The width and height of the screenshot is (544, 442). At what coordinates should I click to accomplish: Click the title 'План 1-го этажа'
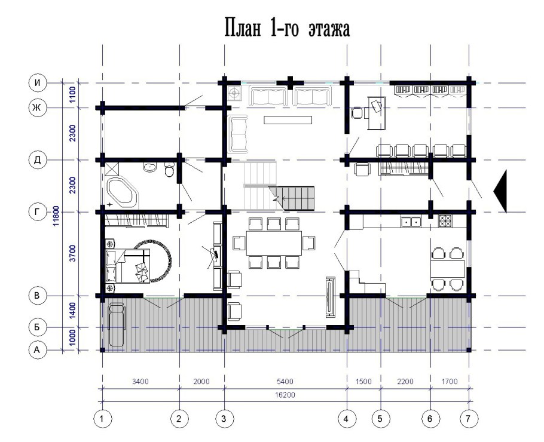point(288,28)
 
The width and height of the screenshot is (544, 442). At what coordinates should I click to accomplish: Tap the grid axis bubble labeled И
point(37,83)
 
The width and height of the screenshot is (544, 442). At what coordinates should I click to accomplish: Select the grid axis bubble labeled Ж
point(37,108)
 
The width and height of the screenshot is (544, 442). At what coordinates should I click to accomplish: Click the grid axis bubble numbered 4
point(346,419)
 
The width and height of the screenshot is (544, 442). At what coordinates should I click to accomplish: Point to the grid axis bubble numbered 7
point(468,419)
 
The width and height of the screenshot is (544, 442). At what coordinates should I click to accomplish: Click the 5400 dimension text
point(285,382)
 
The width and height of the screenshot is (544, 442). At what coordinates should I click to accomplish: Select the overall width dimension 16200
point(285,395)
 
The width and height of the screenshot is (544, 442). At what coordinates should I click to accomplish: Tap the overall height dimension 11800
point(57,216)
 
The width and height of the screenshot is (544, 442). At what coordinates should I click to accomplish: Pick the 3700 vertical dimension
point(72,253)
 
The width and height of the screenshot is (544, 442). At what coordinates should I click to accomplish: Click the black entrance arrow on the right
point(500,191)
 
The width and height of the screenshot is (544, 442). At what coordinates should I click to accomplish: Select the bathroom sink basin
point(149,167)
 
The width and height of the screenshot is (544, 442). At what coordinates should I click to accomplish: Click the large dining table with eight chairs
point(274,243)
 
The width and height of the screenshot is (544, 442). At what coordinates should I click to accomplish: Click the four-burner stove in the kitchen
point(446,221)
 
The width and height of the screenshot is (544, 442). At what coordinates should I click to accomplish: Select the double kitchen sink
point(411,221)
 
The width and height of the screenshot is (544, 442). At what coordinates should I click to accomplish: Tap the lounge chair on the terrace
point(117,324)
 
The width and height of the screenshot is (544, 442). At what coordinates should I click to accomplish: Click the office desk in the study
point(377,113)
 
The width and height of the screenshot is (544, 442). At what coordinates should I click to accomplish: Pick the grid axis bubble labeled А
point(37,350)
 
